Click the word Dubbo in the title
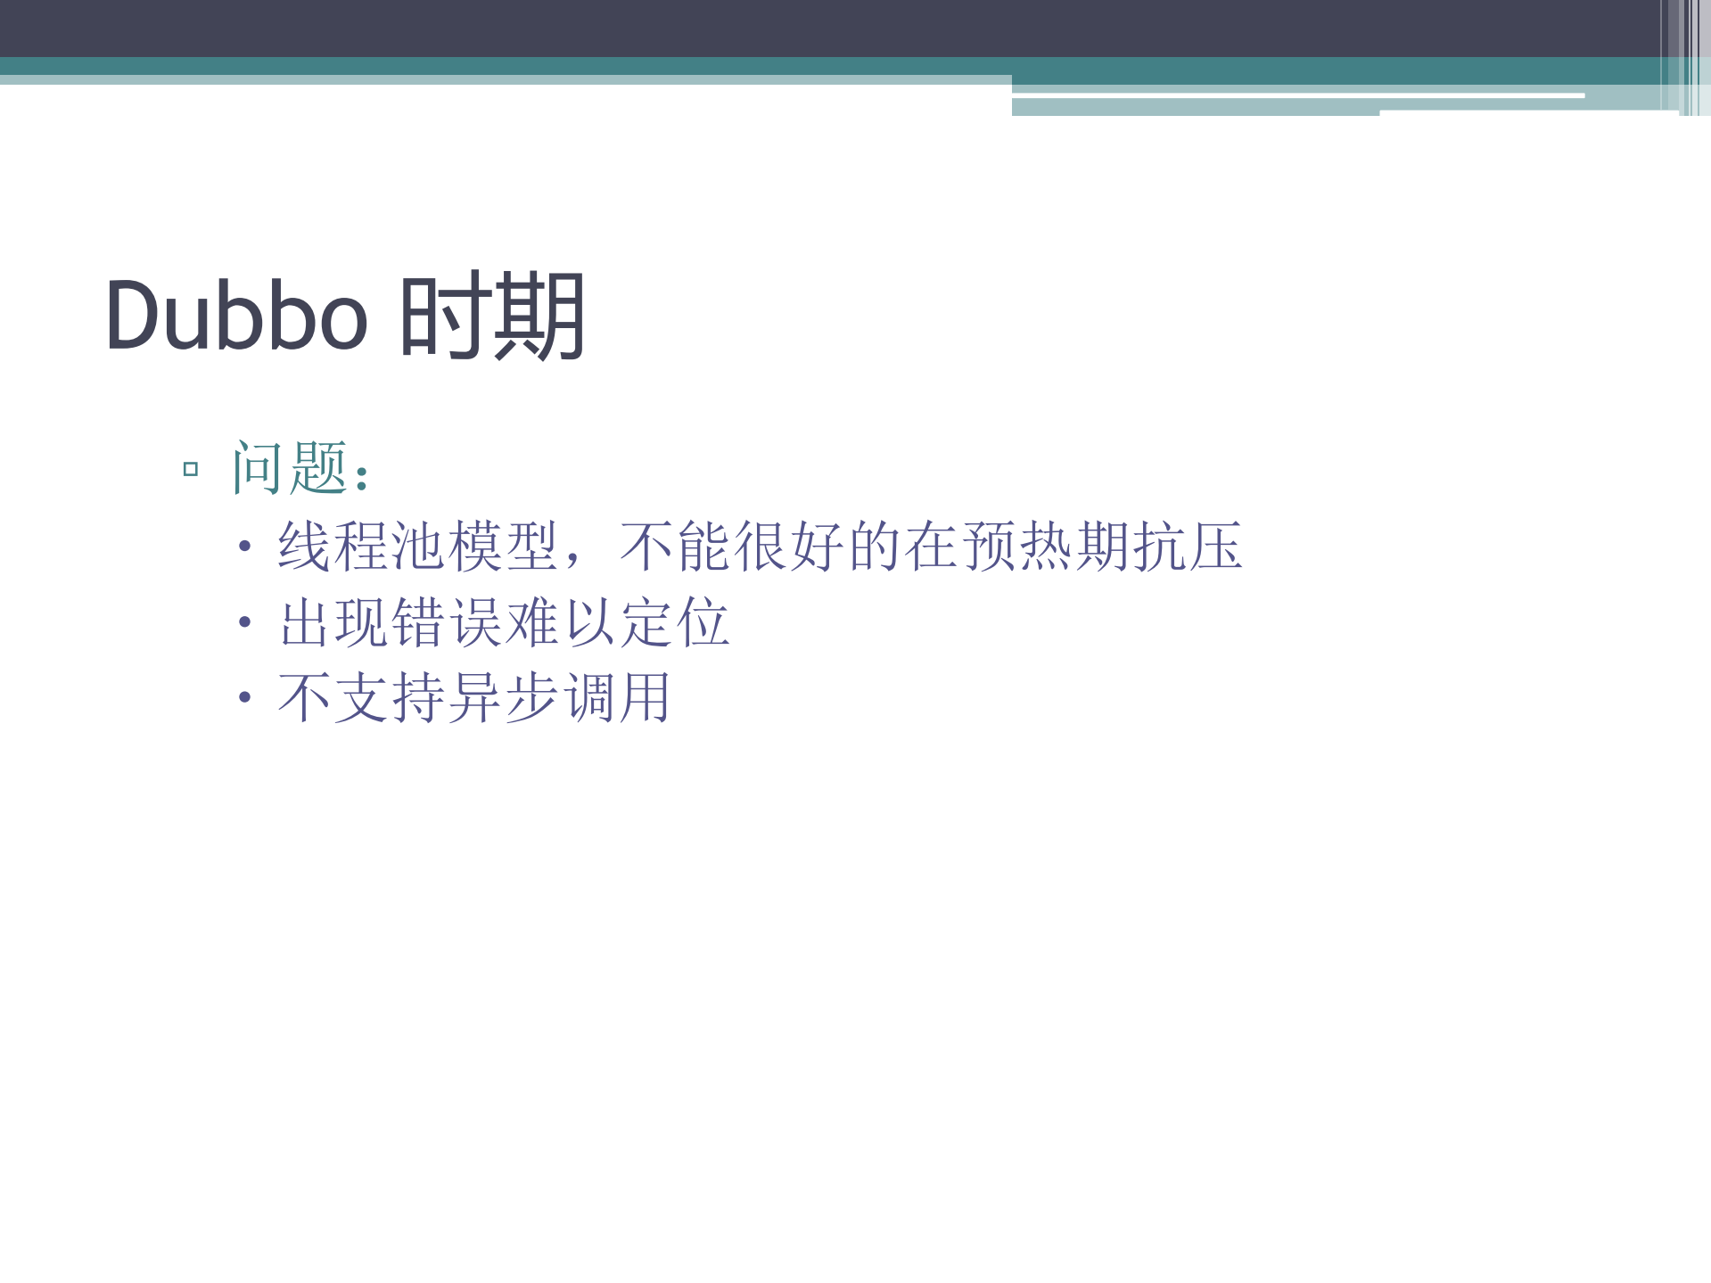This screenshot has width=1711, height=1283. coord(236,316)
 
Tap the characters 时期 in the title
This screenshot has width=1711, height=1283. coord(492,316)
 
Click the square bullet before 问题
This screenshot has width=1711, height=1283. coord(190,469)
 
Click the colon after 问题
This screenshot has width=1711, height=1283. coord(361,478)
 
